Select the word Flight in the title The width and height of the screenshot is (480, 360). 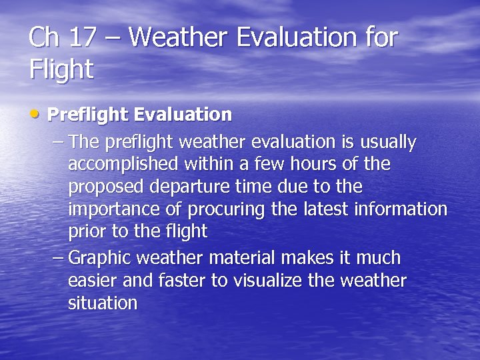[x=61, y=69]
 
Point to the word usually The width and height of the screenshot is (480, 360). [x=388, y=143]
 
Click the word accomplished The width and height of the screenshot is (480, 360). [x=124, y=165]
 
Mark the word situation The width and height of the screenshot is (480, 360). [x=103, y=303]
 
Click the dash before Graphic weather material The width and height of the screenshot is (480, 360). [x=57, y=257]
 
